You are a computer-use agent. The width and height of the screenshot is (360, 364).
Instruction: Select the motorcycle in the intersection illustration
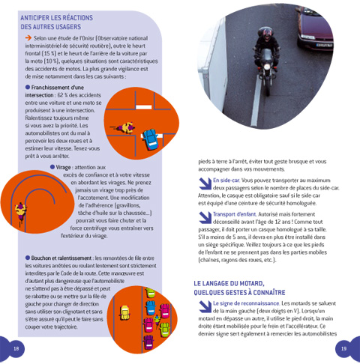(119, 127)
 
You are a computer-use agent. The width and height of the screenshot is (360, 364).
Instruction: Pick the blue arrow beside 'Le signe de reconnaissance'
(205, 303)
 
